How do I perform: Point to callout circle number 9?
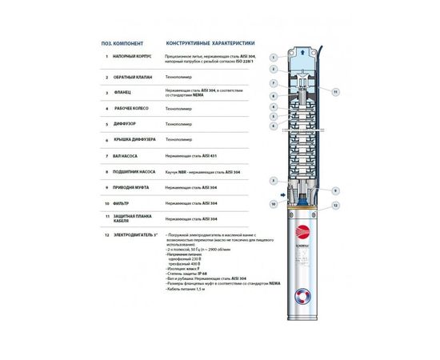click(335, 190)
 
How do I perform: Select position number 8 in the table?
click(106, 172)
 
